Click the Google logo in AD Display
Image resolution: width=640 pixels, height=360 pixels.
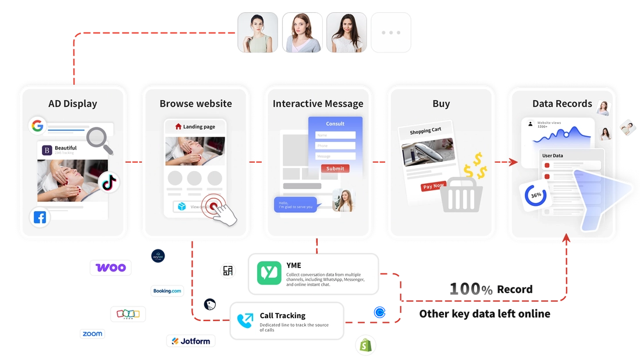click(38, 126)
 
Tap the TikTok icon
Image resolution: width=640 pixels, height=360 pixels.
click(109, 183)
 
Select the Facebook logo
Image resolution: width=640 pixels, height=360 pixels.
click(40, 218)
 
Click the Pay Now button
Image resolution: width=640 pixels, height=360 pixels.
click(433, 186)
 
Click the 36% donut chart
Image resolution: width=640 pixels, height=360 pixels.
click(536, 195)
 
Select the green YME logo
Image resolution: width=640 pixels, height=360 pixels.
click(269, 273)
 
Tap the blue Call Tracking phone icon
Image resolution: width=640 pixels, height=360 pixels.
click(245, 320)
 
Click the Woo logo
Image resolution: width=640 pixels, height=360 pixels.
click(111, 268)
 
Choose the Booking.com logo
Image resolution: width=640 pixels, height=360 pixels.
click(168, 291)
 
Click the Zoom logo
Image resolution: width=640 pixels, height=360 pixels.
click(93, 334)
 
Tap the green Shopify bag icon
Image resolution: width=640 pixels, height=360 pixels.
click(366, 345)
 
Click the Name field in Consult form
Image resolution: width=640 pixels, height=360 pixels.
click(335, 135)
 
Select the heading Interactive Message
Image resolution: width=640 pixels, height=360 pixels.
click(318, 104)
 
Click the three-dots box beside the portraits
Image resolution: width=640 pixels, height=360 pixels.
click(391, 33)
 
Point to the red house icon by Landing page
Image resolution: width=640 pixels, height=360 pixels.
click(178, 126)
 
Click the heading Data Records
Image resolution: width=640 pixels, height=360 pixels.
click(562, 104)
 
